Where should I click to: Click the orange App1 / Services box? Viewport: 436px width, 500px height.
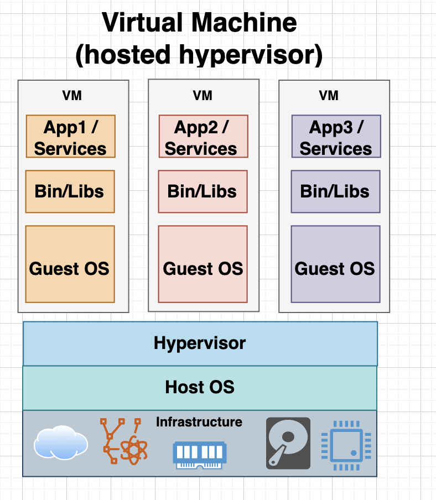(70, 137)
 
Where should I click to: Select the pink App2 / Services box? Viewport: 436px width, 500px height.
(203, 137)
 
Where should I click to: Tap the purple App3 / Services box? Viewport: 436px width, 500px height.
(336, 137)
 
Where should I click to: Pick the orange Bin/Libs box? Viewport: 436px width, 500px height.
(70, 191)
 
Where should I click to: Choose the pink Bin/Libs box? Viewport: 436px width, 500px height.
(203, 191)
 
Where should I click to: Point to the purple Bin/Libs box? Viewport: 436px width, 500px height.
(335, 191)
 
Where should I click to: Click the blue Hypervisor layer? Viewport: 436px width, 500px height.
(200, 343)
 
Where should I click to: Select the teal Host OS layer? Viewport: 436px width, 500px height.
(200, 387)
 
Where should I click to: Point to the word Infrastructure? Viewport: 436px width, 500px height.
(199, 422)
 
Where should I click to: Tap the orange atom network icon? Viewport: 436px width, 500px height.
(123, 442)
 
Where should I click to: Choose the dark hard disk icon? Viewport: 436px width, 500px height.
(288, 444)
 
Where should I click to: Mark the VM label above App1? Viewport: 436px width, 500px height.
(72, 96)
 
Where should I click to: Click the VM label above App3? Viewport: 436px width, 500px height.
(329, 96)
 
